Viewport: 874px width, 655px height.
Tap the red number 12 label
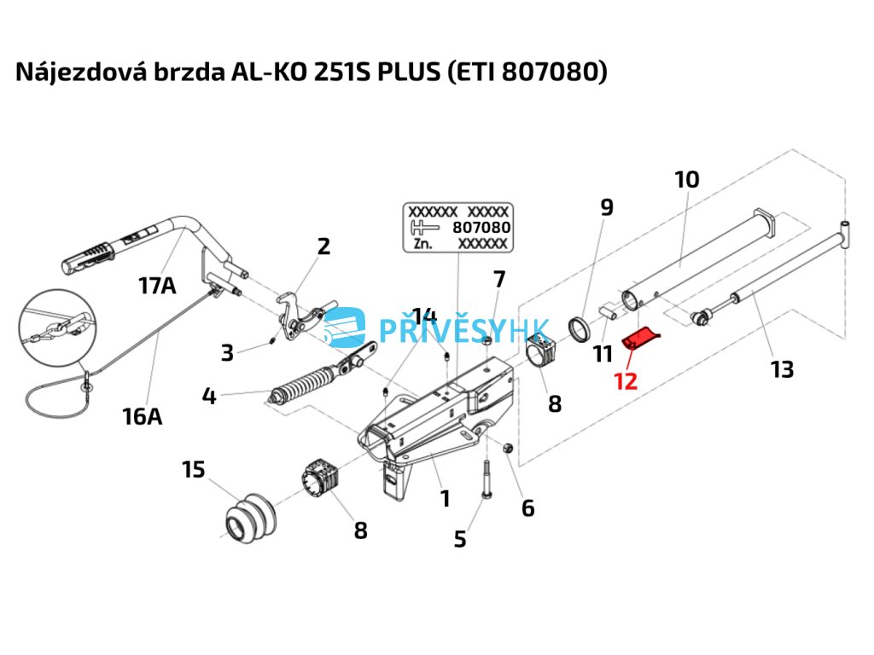(x=626, y=380)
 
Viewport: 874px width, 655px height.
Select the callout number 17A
(x=157, y=286)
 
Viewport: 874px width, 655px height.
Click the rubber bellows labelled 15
(x=248, y=519)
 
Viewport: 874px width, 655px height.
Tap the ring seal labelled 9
(x=582, y=328)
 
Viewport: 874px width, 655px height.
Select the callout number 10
(x=686, y=179)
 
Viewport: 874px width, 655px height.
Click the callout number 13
(x=781, y=369)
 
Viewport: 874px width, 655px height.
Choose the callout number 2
(x=323, y=246)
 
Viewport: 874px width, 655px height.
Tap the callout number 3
(x=226, y=352)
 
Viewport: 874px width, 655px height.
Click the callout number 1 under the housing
(x=445, y=497)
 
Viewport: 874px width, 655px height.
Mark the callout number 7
(x=499, y=279)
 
